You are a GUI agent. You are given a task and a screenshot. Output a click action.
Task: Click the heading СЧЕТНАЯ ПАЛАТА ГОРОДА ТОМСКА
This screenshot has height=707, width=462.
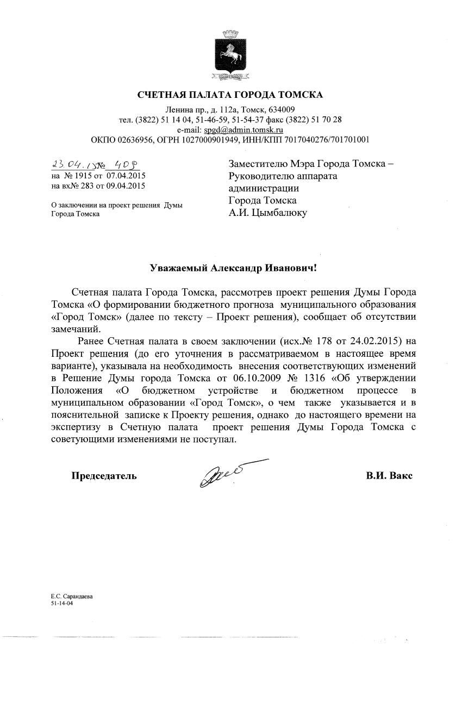[230, 95]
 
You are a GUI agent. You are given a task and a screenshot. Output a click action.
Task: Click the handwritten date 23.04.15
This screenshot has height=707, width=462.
[69, 165]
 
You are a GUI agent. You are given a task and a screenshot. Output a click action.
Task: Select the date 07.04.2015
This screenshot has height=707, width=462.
[126, 176]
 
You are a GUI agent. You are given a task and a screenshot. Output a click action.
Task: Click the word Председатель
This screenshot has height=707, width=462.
[104, 476]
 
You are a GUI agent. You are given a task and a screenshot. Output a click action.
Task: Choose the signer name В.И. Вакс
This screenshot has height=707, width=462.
[389, 476]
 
